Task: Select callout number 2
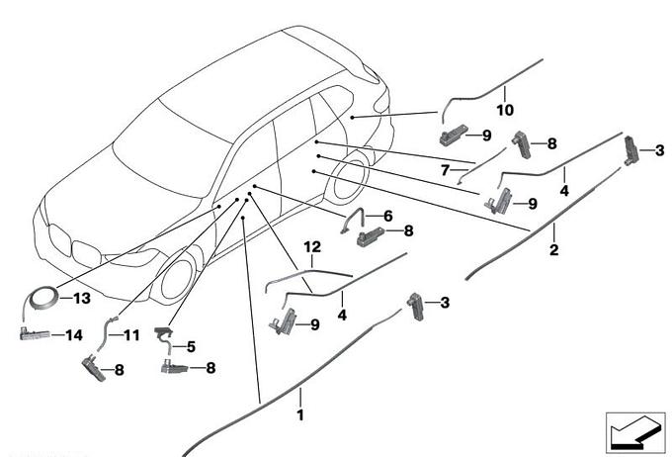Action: pyautogui.click(x=554, y=250)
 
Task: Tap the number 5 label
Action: pyautogui.click(x=192, y=346)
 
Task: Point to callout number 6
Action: pyautogui.click(x=388, y=215)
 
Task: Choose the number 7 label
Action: pyautogui.click(x=446, y=170)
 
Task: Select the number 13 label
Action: pyautogui.click(x=81, y=296)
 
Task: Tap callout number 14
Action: pyautogui.click(x=74, y=335)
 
